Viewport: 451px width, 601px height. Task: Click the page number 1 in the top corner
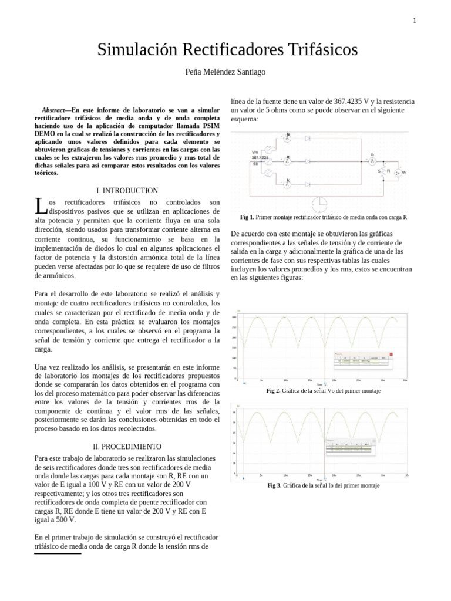[x=415, y=21]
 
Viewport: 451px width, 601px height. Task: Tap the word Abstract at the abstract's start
[x=53, y=110]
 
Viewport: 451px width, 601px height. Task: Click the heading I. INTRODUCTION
[x=127, y=191]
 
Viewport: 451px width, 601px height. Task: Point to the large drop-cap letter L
[x=39, y=206]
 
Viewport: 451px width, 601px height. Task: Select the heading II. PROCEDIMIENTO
[x=127, y=447]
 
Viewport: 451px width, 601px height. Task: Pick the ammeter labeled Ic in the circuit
[x=288, y=184]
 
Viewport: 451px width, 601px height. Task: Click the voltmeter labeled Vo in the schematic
[x=398, y=173]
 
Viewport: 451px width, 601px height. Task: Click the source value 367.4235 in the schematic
[x=260, y=158]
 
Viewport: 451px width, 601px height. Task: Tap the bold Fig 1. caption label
[x=247, y=217]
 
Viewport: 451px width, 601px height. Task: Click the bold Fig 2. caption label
[x=273, y=390]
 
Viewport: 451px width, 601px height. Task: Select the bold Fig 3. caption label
[x=274, y=485]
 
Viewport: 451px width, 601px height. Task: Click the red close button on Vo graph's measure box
[x=392, y=354]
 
